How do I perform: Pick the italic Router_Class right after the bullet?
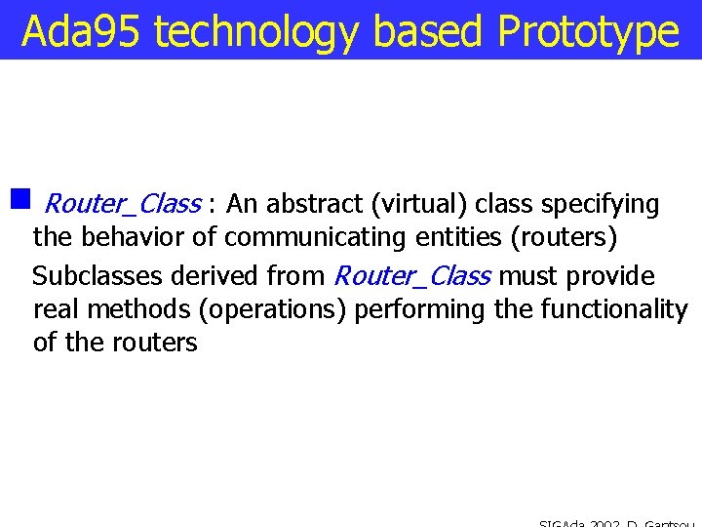pyautogui.click(x=123, y=204)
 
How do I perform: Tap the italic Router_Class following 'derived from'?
pyautogui.click(x=411, y=276)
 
